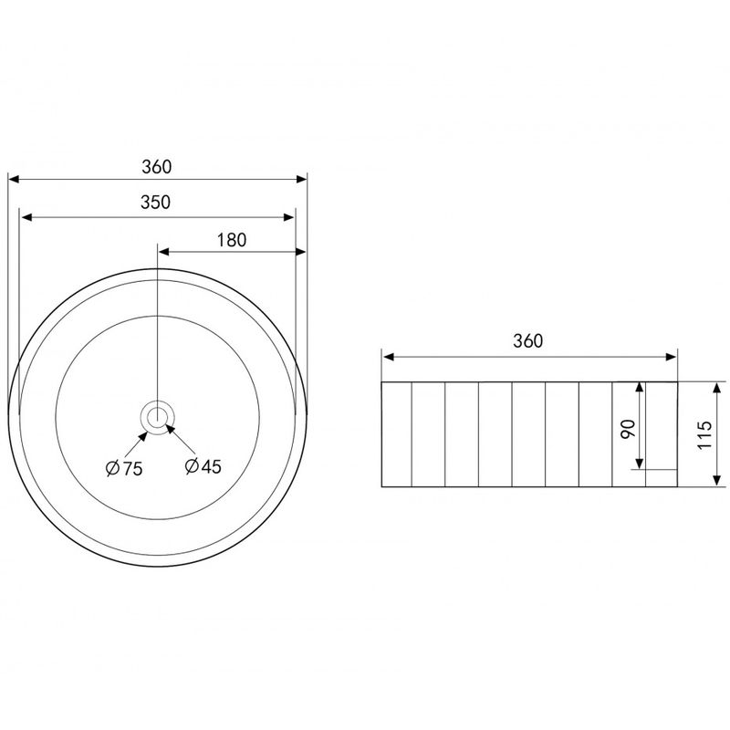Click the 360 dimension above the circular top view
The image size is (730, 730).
click(157, 167)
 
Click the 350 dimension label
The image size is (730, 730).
click(155, 203)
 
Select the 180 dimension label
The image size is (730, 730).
click(232, 240)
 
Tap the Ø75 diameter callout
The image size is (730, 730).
click(124, 468)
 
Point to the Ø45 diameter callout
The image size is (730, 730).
click(203, 466)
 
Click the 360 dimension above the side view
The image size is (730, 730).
click(528, 341)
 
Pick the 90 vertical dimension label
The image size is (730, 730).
click(628, 429)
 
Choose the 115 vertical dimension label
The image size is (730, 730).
click(704, 435)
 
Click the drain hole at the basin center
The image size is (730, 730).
click(158, 417)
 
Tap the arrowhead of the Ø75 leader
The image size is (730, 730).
click(143, 436)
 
